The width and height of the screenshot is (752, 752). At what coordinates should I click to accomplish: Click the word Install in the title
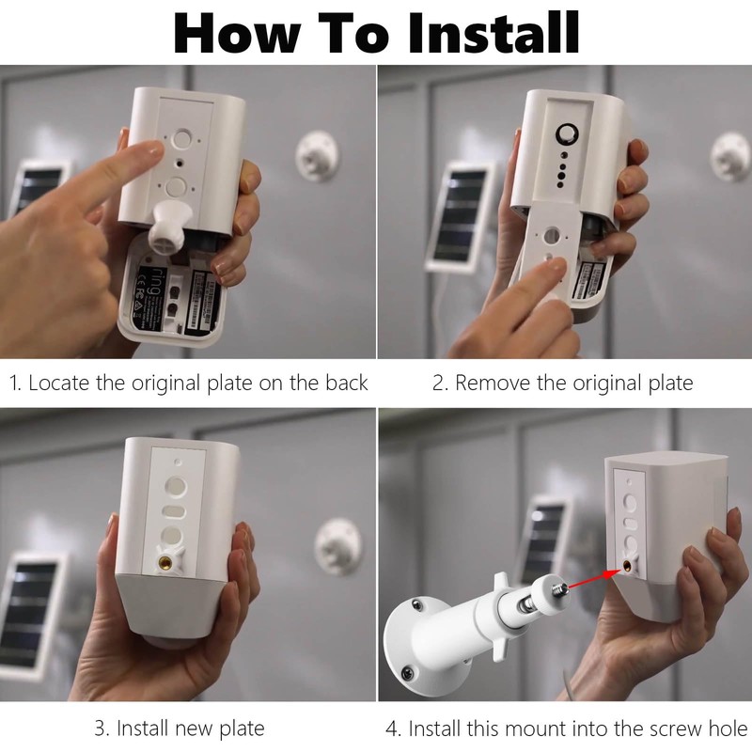pyautogui.click(x=494, y=33)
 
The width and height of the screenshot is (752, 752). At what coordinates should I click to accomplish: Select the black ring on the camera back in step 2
pyautogui.click(x=567, y=133)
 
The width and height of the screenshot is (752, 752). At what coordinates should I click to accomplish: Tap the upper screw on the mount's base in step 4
pyautogui.click(x=417, y=605)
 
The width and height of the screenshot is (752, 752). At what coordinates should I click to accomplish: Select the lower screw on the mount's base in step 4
pyautogui.click(x=408, y=673)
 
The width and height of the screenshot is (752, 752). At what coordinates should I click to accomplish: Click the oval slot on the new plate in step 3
pyautogui.click(x=173, y=510)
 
